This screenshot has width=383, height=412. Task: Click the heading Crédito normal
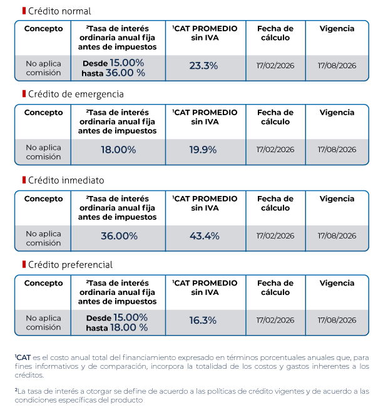pyautogui.click(x=59, y=11)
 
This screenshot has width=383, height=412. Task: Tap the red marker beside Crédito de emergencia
pyautogui.click(x=24, y=93)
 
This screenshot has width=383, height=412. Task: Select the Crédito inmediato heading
pyautogui.click(x=66, y=180)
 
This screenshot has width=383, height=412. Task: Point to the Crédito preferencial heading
pyautogui.click(x=70, y=265)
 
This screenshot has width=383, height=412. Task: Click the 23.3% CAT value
pyautogui.click(x=203, y=66)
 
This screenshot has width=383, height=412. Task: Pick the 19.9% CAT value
pyautogui.click(x=203, y=150)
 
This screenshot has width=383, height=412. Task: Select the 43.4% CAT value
pyautogui.click(x=205, y=236)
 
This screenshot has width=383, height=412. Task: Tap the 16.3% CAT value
pyautogui.click(x=203, y=321)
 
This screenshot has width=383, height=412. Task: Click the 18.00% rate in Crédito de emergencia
pyautogui.click(x=118, y=150)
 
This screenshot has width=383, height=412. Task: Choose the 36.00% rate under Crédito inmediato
pyautogui.click(x=120, y=236)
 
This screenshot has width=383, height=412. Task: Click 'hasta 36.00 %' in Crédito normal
pyautogui.click(x=113, y=73)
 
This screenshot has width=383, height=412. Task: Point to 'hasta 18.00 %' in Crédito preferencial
pyautogui.click(x=117, y=327)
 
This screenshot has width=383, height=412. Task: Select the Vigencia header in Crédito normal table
pyautogui.click(x=337, y=29)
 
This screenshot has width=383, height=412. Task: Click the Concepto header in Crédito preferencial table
pyautogui.click(x=44, y=283)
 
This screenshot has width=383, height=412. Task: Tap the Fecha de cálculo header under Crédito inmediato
pyautogui.click(x=275, y=203)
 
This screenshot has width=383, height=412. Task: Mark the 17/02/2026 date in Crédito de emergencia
pyautogui.click(x=275, y=150)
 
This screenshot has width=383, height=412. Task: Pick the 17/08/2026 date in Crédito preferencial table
pyautogui.click(x=337, y=320)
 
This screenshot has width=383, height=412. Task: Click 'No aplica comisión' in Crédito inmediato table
pyautogui.click(x=43, y=239)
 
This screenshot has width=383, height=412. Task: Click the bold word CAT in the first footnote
pyautogui.click(x=24, y=358)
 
